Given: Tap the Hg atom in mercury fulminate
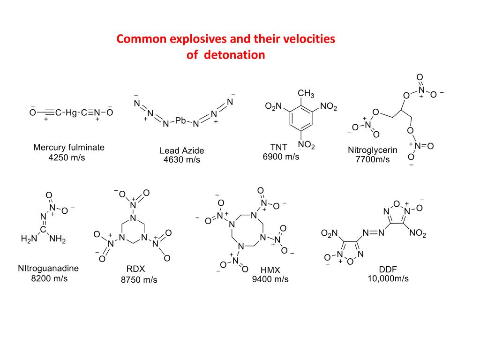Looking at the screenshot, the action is [x=70, y=112].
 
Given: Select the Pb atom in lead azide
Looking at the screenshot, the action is [x=180, y=120].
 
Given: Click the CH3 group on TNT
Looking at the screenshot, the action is [x=306, y=94].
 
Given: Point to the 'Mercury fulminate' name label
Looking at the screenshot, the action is [x=69, y=148].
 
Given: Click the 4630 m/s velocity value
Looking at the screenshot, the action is [x=181, y=160].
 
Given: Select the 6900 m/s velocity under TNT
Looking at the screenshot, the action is [x=281, y=157].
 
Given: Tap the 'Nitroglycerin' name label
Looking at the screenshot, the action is [x=373, y=150].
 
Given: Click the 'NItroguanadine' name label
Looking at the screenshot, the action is [x=48, y=269].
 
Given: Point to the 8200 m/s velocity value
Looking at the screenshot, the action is [x=49, y=278].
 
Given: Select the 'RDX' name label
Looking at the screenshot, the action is [x=136, y=269].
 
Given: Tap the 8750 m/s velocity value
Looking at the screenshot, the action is [x=139, y=280].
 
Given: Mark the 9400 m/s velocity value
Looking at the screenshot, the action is [x=270, y=280].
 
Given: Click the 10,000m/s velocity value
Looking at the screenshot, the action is [x=388, y=278].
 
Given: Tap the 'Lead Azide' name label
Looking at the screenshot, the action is [x=182, y=151].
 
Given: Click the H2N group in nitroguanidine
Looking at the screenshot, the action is [x=29, y=240].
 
